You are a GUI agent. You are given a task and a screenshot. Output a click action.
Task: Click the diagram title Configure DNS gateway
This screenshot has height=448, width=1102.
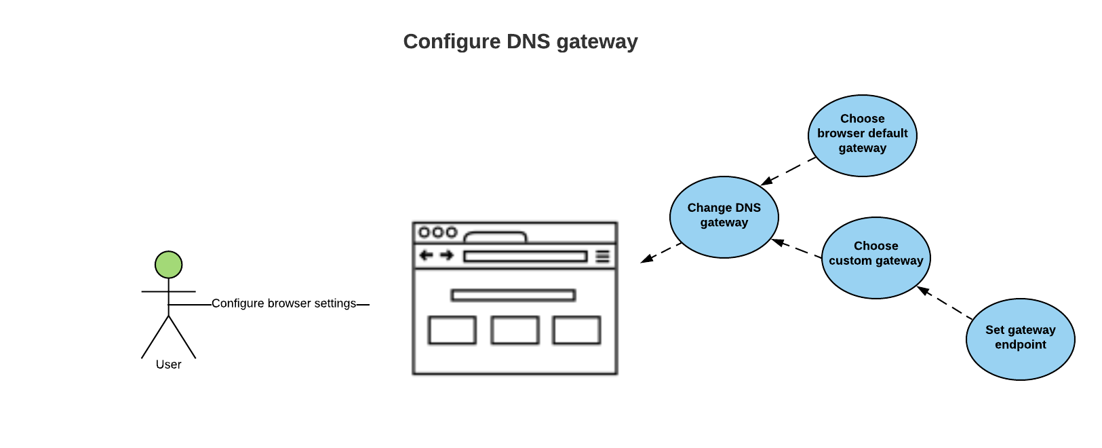(520, 41)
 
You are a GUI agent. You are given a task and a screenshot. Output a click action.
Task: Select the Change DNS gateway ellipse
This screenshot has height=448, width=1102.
(724, 217)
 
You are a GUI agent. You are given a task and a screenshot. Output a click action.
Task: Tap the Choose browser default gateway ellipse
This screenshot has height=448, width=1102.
(862, 135)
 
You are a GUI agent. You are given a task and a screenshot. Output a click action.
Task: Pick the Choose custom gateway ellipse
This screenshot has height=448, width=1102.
(875, 257)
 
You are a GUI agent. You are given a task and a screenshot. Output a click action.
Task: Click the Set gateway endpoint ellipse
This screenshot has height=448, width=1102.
(1020, 339)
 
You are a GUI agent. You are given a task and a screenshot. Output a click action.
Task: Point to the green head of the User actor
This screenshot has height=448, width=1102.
(168, 265)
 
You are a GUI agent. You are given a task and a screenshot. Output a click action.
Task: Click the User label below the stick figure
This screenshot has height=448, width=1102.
(168, 365)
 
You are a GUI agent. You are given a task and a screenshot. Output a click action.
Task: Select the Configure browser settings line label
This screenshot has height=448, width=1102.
(283, 303)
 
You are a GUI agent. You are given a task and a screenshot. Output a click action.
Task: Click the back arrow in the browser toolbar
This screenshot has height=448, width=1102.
(426, 255)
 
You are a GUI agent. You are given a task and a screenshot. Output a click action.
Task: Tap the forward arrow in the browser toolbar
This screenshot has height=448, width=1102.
(446, 255)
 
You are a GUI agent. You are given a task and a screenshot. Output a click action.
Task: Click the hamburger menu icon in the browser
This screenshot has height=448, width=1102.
(602, 256)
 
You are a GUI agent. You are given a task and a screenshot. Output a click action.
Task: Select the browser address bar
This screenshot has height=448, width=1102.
(525, 256)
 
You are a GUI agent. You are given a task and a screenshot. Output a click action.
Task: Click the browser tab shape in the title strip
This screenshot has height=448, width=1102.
(495, 237)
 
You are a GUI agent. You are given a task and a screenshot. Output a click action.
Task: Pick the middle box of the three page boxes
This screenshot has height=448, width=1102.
(515, 330)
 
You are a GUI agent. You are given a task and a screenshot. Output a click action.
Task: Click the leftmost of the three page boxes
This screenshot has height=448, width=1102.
(452, 330)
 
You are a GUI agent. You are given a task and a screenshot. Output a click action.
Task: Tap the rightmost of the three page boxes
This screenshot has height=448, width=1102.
(576, 330)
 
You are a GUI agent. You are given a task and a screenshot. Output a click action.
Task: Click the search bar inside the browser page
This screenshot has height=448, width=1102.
(513, 295)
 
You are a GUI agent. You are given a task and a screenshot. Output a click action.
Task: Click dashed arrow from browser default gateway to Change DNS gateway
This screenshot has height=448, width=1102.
(789, 171)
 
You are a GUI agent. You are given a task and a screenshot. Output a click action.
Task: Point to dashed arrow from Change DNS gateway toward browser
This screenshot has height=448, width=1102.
(661, 253)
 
